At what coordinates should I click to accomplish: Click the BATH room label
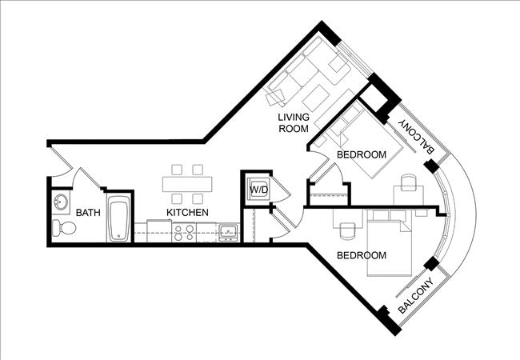[x=87, y=213]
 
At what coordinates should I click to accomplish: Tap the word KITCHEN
[x=188, y=213]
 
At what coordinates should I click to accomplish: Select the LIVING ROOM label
[x=293, y=124]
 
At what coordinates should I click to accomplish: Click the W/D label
[x=258, y=190]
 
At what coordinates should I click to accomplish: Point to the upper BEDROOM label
[x=362, y=154]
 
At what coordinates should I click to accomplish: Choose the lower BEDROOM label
[x=362, y=256]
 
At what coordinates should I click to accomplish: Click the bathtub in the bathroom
[x=118, y=220]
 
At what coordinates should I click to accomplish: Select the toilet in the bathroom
[x=64, y=230]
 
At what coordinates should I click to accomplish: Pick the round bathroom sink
[x=61, y=202]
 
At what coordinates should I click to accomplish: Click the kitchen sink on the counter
[x=228, y=233]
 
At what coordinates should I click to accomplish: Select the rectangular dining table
[x=187, y=183]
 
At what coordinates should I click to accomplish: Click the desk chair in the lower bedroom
[x=347, y=230]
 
